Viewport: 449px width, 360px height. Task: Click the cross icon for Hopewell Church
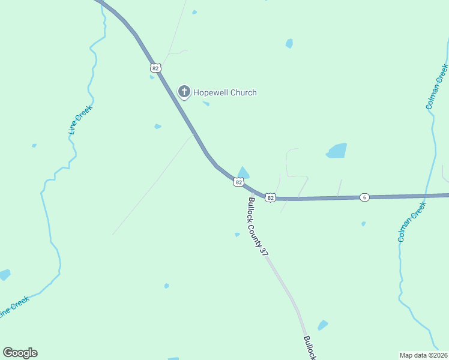pyautogui.click(x=184, y=92)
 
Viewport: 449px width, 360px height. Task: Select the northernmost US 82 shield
pyautogui.click(x=155, y=68)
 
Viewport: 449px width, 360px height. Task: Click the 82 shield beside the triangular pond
pyautogui.click(x=239, y=182)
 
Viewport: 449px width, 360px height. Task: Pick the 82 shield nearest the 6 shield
pyautogui.click(x=270, y=197)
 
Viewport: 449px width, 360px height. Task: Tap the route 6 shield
pyautogui.click(x=364, y=197)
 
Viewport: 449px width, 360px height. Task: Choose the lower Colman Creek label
pyautogui.click(x=412, y=221)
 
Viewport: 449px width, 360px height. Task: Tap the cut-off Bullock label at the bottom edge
pyautogui.click(x=309, y=348)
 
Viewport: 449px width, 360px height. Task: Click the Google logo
pyautogui.click(x=20, y=353)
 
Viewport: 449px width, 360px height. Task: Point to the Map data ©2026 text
pyautogui.click(x=423, y=355)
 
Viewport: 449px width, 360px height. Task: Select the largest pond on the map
pyautogui.click(x=337, y=151)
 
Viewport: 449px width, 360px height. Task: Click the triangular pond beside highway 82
pyautogui.click(x=243, y=172)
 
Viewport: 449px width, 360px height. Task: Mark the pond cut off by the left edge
pyautogui.click(x=4, y=274)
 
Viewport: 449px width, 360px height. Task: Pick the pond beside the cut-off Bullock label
pyautogui.click(x=323, y=325)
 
